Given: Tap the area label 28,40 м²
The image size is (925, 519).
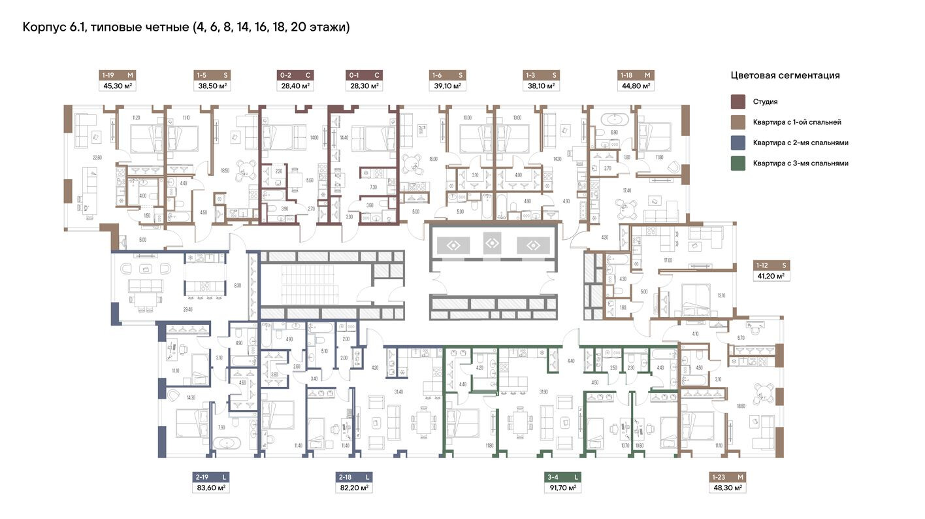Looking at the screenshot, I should coord(293,86).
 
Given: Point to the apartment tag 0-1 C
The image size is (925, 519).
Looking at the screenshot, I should coord(365,75).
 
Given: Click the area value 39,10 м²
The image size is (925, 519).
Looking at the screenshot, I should coord(447,86).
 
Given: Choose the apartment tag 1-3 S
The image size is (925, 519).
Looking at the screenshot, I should coord(542,75).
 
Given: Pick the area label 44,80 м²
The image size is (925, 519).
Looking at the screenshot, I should coord(636,86).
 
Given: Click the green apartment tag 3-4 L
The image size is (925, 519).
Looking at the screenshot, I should coord(562,477).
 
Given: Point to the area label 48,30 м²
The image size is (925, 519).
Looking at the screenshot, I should coord(726,488).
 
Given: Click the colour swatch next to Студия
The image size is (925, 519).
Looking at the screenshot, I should coord(738,102).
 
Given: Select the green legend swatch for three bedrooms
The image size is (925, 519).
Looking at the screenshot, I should coord(738,163).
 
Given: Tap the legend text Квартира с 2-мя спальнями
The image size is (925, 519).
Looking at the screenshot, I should coord(800,142).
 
